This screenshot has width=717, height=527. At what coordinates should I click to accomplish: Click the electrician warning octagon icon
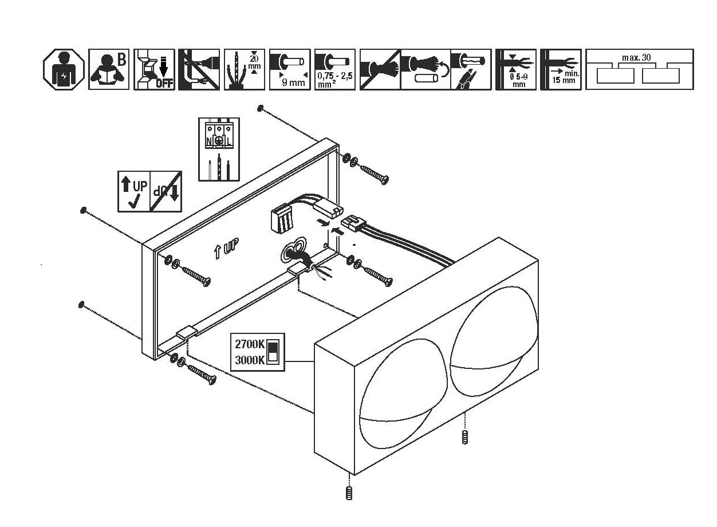click(x=64, y=69)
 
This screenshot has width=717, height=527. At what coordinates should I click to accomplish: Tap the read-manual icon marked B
click(x=109, y=69)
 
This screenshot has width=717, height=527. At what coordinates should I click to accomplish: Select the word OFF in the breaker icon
click(x=164, y=84)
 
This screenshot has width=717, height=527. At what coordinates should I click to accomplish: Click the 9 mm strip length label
click(x=293, y=82)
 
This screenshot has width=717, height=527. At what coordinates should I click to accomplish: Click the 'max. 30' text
click(x=636, y=58)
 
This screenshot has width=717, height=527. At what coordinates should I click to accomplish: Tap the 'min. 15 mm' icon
click(x=561, y=69)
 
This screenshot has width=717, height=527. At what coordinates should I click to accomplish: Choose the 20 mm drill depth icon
click(x=245, y=69)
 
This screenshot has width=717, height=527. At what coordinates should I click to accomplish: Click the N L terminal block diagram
click(x=219, y=149)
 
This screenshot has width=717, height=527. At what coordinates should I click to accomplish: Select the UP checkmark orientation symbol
click(x=133, y=191)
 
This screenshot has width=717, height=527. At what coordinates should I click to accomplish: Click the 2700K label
click(x=250, y=345)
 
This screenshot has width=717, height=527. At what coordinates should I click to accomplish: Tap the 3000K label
click(x=250, y=360)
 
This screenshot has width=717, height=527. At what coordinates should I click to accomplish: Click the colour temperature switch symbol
click(x=273, y=352)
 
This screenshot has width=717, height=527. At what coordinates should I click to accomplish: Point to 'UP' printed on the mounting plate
click(x=227, y=249)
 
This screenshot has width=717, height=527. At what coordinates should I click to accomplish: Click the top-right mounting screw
click(x=375, y=172)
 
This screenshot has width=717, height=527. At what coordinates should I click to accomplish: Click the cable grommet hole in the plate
click(x=296, y=251)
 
